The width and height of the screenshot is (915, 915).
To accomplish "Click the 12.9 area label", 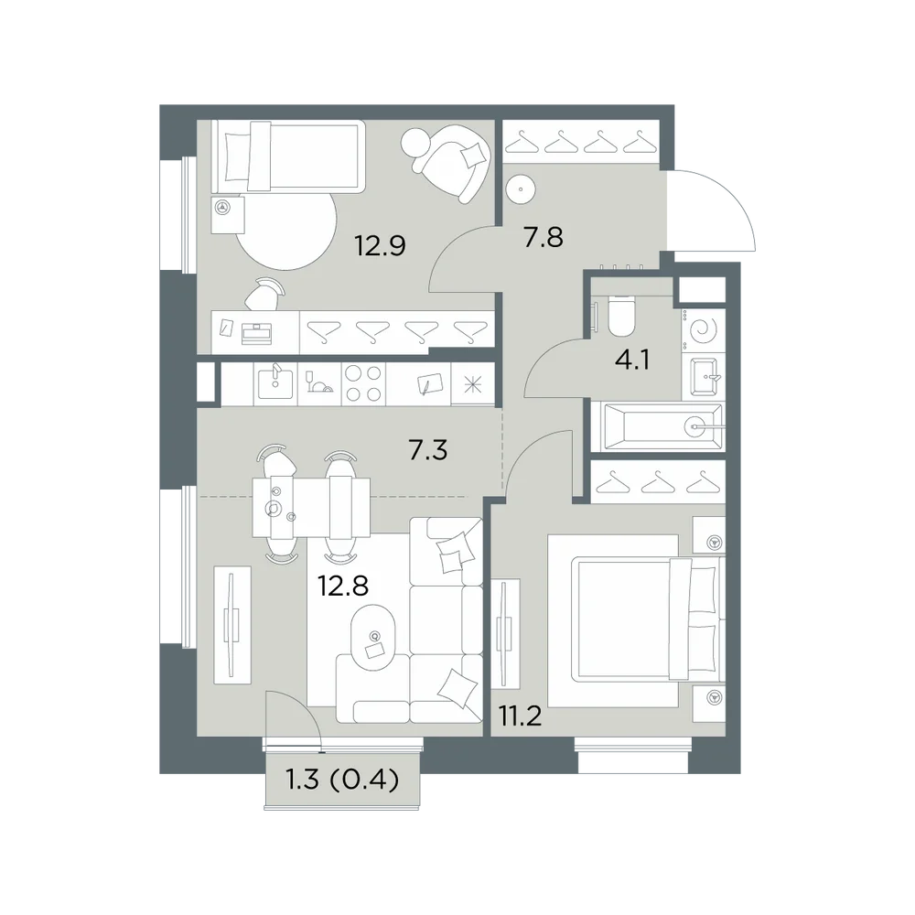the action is pos(380,245).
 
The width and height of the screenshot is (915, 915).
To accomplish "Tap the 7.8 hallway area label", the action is pos(544,238).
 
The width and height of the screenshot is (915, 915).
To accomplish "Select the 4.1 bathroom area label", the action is pos(632,360).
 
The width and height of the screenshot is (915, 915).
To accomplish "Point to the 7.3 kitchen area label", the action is pos(427,450).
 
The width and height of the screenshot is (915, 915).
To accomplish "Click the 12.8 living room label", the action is pos(342,586).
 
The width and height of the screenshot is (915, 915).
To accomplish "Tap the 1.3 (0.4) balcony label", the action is pos(342,779).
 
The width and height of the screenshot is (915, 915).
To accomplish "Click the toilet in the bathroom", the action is pos(621,317).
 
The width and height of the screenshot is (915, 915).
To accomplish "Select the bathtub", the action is pos(658,426).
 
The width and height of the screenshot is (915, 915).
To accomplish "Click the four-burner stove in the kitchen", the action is pos(363,383).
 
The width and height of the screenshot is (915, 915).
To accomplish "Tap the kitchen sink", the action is pos(275,382).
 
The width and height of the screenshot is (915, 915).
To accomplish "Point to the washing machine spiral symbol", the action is pos(703,331).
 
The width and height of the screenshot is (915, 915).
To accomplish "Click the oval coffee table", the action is pos(372,639).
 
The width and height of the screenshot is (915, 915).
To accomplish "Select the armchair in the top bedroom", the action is pos(452,164).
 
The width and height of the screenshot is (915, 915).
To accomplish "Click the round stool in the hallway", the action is pos(520,189).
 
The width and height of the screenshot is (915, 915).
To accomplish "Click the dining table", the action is pos(311,508).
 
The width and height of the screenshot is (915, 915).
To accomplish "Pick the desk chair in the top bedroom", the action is pos(264,294).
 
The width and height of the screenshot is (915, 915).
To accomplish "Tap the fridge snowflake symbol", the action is pos(473,384).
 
